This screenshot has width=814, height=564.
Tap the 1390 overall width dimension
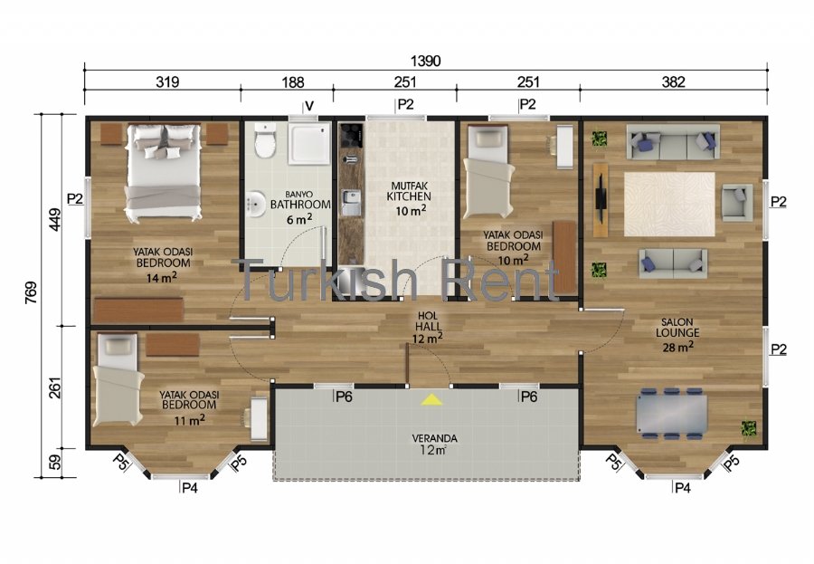click(425, 61)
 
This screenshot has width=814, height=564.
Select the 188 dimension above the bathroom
click(293, 82)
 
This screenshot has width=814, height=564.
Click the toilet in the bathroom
click(265, 140)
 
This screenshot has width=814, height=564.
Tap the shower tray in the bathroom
click(309, 143)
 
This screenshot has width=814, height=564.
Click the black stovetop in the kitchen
click(351, 135)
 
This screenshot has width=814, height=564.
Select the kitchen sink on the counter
click(351, 202)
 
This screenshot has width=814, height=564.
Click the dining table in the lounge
click(672, 414)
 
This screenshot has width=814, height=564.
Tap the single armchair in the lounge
click(736, 202)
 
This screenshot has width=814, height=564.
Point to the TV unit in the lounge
click(601, 200)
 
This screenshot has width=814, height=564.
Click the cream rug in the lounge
click(669, 205)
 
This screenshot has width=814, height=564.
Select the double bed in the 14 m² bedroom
click(163, 172)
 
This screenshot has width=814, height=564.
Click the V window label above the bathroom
click(309, 107)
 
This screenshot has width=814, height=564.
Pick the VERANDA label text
click(434, 438)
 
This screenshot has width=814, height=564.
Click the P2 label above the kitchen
click(405, 104)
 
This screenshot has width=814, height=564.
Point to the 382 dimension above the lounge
click(673, 82)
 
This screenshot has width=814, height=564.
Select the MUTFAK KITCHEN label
click(409, 191)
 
